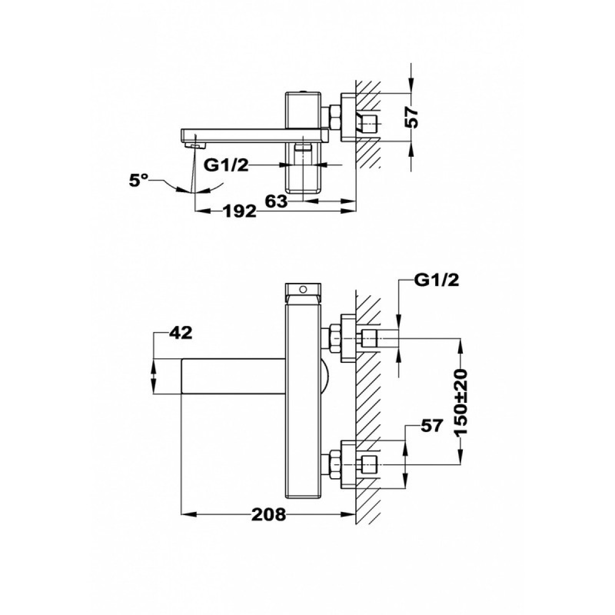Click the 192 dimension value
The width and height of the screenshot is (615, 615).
tap(239, 211)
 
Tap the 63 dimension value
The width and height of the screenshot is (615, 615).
tap(276, 201)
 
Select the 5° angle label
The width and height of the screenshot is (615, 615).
tap(139, 180)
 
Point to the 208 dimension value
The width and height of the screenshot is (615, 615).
tap(269, 514)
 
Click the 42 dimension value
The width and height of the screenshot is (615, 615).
tap(180, 334)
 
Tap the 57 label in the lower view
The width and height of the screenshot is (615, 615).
tap(432, 425)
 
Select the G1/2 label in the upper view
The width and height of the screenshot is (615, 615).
tap(227, 166)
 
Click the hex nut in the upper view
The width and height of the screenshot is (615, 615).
tap(335, 117)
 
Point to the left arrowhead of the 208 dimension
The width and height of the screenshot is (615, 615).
tap(188, 514)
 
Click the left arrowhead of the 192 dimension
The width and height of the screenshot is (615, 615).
tap(202, 211)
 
